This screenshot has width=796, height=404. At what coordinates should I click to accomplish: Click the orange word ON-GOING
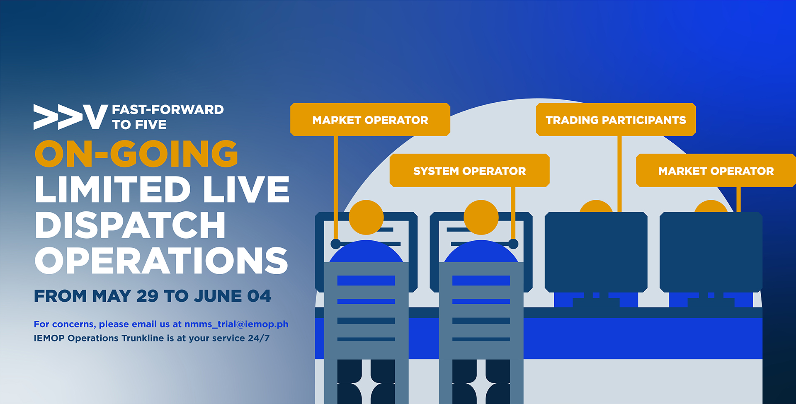tap(136, 154)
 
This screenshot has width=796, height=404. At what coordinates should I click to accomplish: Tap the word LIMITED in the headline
tap(113, 189)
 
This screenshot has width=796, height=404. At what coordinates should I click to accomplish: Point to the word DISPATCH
tap(130, 225)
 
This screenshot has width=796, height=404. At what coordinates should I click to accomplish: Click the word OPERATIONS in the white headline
tap(161, 261)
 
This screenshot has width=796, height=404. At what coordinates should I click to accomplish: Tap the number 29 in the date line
tap(147, 296)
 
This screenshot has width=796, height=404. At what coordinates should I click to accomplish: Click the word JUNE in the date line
tap(218, 296)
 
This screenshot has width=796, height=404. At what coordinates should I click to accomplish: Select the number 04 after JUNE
tap(259, 296)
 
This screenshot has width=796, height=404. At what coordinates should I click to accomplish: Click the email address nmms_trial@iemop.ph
tap(236, 324)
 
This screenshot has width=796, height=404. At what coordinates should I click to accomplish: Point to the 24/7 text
tap(259, 338)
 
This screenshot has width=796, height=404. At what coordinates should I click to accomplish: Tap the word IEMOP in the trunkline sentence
tap(49, 338)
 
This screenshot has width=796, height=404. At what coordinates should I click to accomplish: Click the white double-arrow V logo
tap(70, 117)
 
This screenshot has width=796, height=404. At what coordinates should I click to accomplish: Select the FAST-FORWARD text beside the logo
tap(168, 109)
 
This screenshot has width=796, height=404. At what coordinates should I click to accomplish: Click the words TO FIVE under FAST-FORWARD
tap(139, 124)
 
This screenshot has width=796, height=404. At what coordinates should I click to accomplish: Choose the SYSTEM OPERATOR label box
tap(469, 170)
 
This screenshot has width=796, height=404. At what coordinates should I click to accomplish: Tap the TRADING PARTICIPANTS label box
tap(616, 119)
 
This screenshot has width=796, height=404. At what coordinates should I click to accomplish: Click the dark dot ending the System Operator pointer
tap(513, 244)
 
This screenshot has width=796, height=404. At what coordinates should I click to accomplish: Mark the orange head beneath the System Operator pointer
tap(481, 218)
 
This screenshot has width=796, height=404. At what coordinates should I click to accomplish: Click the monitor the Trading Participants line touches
tap(596, 252)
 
